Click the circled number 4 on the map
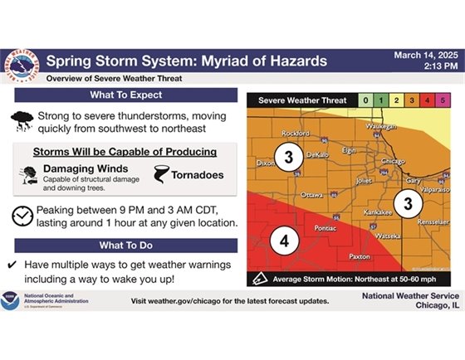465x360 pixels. (285, 241)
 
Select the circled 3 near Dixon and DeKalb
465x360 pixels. (288, 158)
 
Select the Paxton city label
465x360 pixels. (360, 256)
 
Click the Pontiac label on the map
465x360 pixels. (325, 226)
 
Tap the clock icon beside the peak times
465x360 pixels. (22, 216)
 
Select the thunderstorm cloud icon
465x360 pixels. (22, 121)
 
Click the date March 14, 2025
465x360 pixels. (425, 55)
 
